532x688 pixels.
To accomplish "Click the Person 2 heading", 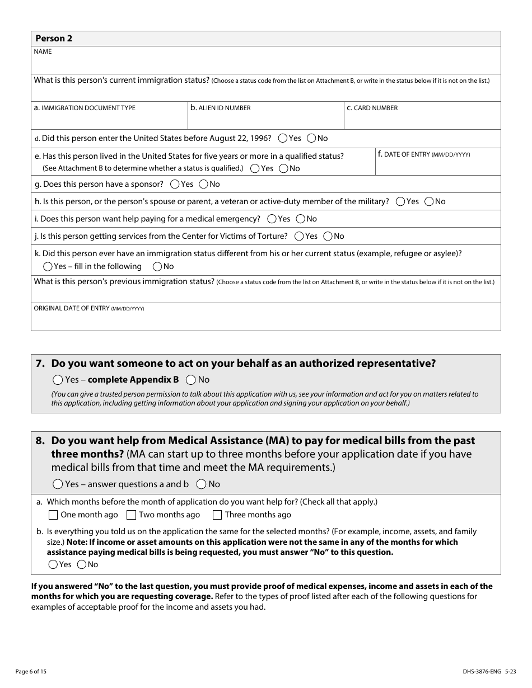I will tap(54, 39).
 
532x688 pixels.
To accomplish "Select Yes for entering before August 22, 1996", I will tap(283, 138).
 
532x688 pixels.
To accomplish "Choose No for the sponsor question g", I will tap(204, 184).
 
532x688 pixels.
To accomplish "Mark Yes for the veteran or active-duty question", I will tap(400, 201).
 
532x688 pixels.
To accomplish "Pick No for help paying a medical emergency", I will tap(301, 219).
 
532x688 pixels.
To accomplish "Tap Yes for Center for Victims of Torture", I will tap(300, 236).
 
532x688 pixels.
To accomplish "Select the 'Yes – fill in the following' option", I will tap(48, 267).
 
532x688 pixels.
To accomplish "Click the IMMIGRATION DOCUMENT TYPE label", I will tap(85, 108).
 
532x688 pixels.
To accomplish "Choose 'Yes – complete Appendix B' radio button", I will tap(58, 380).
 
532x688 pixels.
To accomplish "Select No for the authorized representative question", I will tap(191, 380).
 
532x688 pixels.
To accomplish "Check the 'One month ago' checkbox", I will tap(53, 515).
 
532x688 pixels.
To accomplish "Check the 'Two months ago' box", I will tap(132, 515).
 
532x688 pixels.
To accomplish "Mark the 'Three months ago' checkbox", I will tap(217, 515).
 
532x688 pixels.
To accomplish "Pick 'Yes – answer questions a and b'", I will tap(58, 484).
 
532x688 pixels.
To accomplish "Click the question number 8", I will tap(40, 441).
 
